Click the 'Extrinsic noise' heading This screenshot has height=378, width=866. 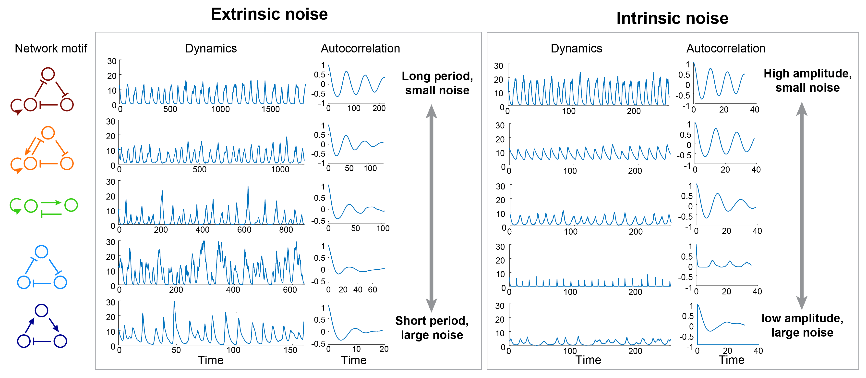269,14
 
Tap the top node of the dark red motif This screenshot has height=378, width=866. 48,74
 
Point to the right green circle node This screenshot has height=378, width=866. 71,205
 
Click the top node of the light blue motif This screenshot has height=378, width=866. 42,252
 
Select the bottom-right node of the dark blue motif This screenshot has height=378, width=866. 60,341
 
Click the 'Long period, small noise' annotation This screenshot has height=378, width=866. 437,83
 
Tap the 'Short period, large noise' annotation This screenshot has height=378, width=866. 432,328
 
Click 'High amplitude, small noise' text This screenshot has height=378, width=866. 807,80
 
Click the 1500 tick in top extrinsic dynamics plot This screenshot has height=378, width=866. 271,109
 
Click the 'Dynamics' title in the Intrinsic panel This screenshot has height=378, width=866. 576,49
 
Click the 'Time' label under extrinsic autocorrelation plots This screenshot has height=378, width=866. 354,360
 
